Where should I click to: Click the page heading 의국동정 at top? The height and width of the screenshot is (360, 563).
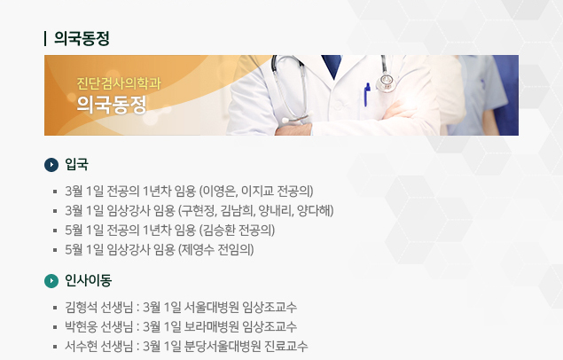82,38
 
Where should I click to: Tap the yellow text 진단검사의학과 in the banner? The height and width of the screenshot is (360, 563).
119,83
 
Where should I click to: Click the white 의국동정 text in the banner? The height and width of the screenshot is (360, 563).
112,105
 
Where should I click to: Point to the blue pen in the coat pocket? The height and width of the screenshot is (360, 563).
367,95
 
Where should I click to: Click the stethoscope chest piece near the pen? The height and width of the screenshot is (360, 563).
386,82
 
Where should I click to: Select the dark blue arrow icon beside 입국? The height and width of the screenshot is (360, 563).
51,165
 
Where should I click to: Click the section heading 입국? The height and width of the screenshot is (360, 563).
76,164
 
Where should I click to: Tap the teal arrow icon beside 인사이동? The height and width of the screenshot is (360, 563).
51,281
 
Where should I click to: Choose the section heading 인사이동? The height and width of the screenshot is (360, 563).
88,280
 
